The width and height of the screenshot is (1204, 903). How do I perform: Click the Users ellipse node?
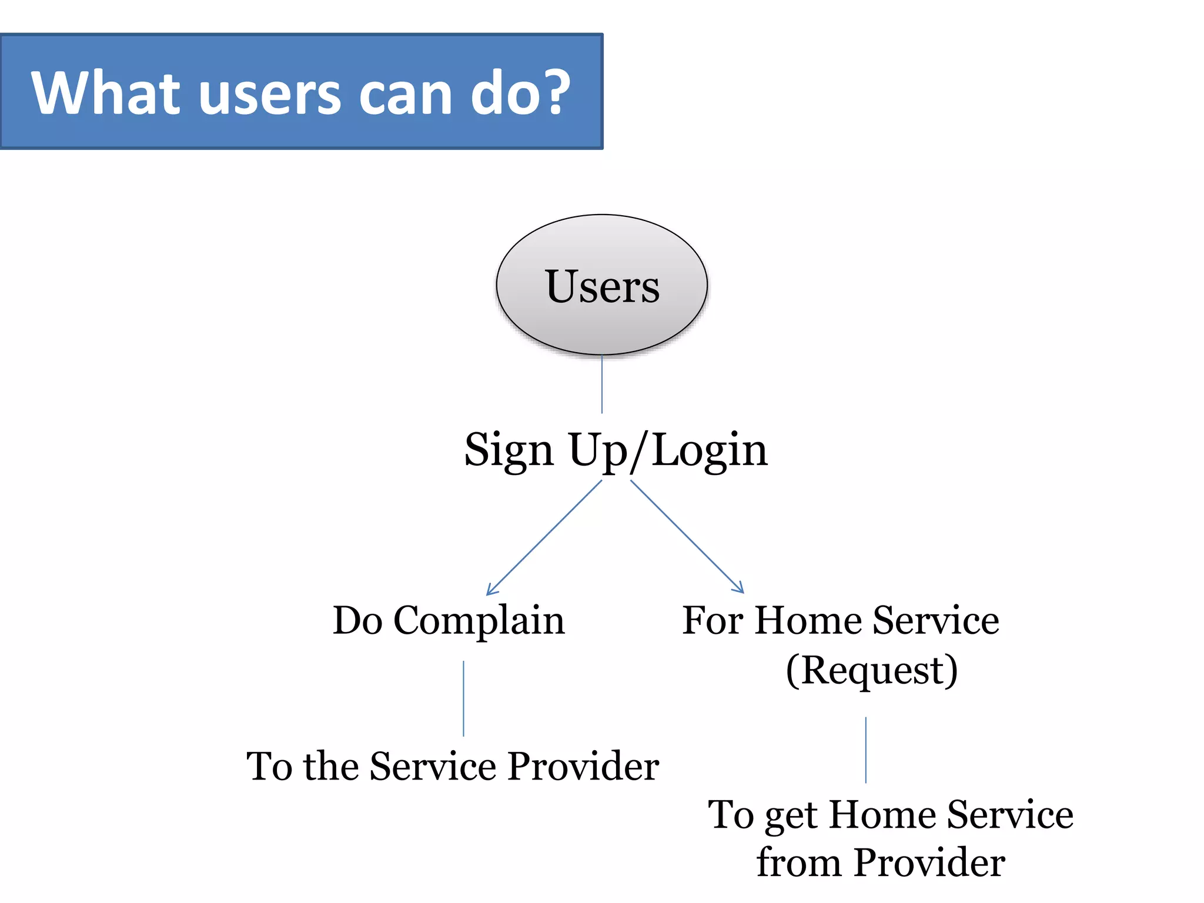click(x=601, y=285)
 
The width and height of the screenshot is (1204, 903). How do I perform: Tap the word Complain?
click(x=479, y=621)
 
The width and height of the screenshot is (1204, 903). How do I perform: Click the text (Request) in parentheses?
click(x=871, y=670)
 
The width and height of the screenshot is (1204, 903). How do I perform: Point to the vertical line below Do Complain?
click(x=463, y=698)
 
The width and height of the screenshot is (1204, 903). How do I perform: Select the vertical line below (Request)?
click(x=865, y=750)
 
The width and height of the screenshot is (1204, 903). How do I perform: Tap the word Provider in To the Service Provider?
click(x=583, y=767)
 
